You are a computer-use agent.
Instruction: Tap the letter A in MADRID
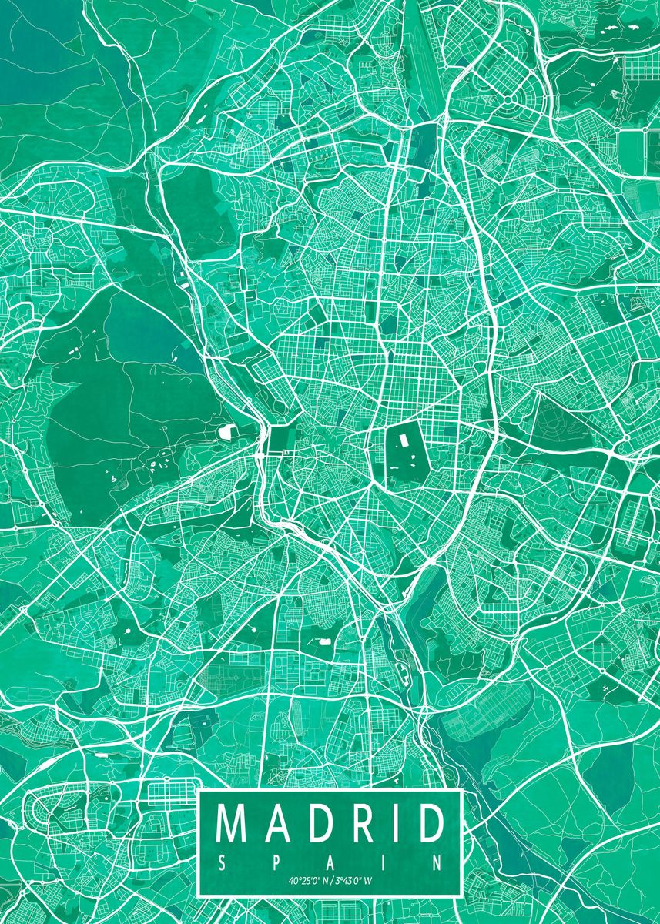[x=278, y=824]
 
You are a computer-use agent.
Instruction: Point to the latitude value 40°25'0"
[x=306, y=880]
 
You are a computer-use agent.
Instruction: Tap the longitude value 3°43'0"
[x=347, y=880]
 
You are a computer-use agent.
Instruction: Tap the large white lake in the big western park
[x=228, y=432]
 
